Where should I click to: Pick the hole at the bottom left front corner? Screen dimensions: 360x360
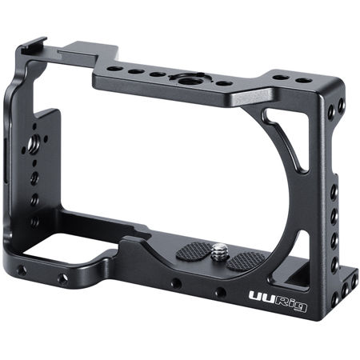(x=22, y=270)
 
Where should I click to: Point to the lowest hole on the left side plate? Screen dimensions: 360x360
(x=34, y=220)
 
